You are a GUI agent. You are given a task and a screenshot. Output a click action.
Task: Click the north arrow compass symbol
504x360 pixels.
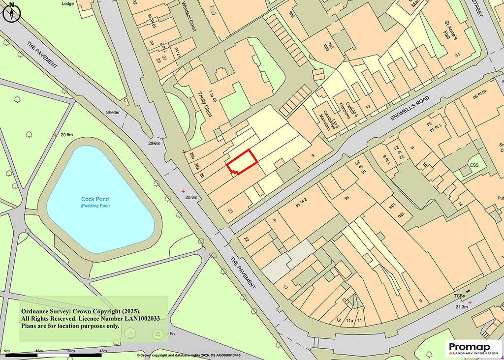coord(11,12)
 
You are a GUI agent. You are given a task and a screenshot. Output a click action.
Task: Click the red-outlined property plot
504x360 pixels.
coord(242,161)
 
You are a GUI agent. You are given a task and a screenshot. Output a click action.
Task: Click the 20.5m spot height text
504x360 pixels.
coord(66,135)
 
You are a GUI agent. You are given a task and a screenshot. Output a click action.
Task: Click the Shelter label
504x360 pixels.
coord(113,112)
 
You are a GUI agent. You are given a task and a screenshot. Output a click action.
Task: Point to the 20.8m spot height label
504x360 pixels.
coord(190,197)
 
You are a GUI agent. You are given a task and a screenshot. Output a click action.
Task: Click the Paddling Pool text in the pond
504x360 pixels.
coord(95,206)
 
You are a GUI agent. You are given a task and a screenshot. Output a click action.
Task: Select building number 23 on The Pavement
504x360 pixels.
coord(230,211)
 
